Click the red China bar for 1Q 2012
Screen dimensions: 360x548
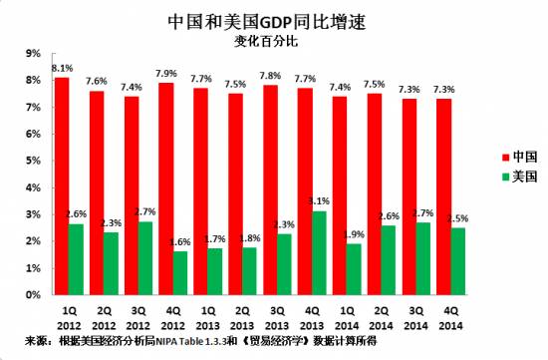point(62,185)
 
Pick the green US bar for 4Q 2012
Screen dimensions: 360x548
point(180,273)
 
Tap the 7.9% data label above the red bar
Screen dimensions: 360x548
point(167,74)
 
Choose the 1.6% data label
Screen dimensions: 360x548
point(180,243)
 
